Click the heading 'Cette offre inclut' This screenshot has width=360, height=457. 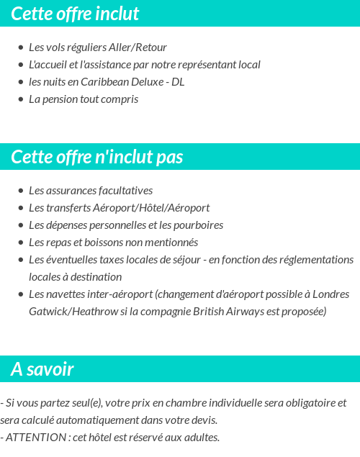tap(75, 14)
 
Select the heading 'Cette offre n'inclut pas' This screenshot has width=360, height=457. tap(97, 157)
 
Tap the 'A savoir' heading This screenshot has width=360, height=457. tap(42, 370)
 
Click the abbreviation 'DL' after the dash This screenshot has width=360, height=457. tap(178, 82)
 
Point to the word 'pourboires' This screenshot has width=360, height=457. tap(198, 225)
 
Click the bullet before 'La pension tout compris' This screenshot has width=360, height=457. tap(20, 100)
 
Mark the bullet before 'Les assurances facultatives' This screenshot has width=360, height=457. tap(20, 191)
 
